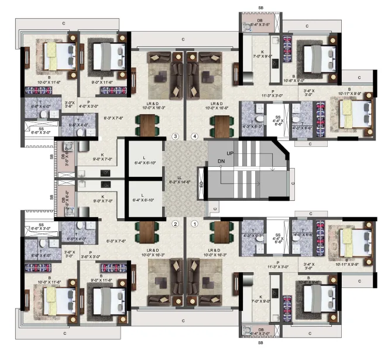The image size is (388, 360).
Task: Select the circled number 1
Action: point(195,223)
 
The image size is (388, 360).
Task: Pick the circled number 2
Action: point(174,223)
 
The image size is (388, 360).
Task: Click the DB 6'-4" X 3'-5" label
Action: point(255,22)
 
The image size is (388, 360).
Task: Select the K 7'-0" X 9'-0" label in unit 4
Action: point(263,55)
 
